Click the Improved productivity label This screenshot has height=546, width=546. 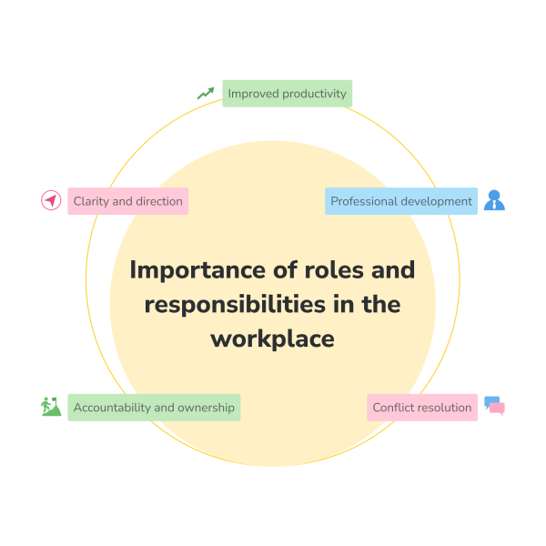[x=287, y=94]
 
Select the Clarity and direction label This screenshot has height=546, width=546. [x=127, y=201]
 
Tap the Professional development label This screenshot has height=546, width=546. [x=400, y=201]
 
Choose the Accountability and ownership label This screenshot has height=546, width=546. [x=154, y=408]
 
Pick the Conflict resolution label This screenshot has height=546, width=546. [x=421, y=408]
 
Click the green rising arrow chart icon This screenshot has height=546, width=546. [x=206, y=93]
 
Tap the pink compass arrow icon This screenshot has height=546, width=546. [x=51, y=201]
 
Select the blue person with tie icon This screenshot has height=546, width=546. [x=494, y=200]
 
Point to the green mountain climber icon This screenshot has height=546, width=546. [x=51, y=407]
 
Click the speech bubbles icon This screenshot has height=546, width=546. [x=494, y=406]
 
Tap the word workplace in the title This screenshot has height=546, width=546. [x=273, y=339]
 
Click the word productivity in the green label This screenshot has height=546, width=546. [x=315, y=94]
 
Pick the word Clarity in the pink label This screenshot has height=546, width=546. [x=92, y=201]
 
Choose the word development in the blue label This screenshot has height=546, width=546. [x=440, y=201]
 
